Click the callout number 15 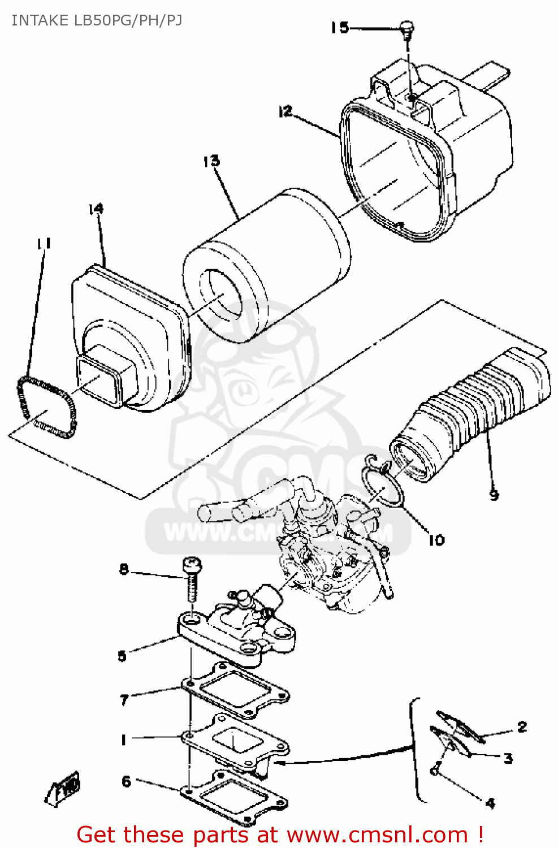[x=340, y=28]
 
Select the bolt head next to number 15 [x=406, y=27]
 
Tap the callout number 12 [x=286, y=111]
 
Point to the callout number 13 [x=211, y=161]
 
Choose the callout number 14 [x=96, y=209]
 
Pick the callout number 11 [x=44, y=243]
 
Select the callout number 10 [x=436, y=540]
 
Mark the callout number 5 [x=122, y=656]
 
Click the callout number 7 [x=124, y=700]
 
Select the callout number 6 [x=126, y=781]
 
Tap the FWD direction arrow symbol [x=63, y=788]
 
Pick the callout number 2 [x=522, y=726]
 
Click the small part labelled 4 [x=435, y=770]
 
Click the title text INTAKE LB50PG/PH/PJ [x=97, y=20]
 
